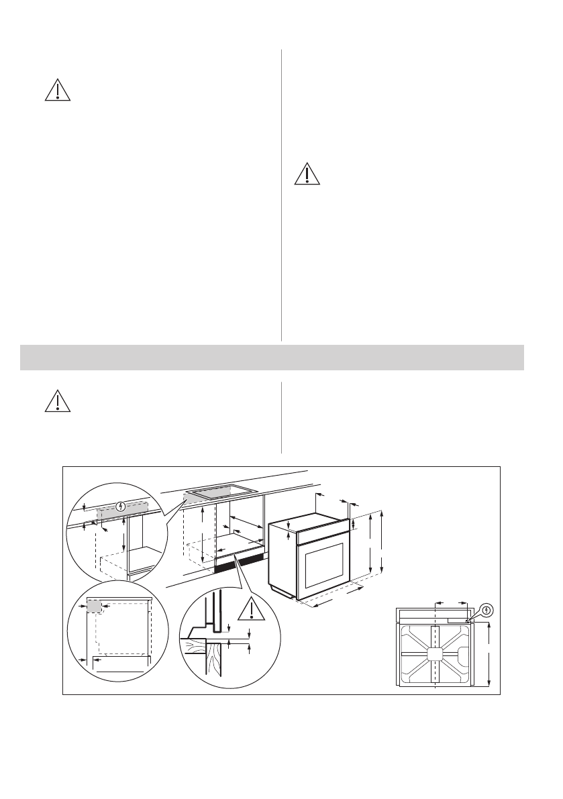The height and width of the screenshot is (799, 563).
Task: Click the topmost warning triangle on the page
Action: pyautogui.click(x=58, y=91)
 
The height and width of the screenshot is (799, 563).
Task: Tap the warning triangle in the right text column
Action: pyautogui.click(x=307, y=174)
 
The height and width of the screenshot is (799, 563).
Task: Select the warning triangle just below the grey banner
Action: pyautogui.click(x=58, y=401)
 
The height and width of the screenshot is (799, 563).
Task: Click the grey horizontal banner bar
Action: pyautogui.click(x=272, y=357)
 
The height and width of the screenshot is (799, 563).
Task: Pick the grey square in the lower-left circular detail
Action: pyautogui.click(x=94, y=606)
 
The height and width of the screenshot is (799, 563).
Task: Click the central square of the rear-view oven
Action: pyautogui.click(x=434, y=654)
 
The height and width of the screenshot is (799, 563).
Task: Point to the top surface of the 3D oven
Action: pyautogui.click(x=307, y=519)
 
